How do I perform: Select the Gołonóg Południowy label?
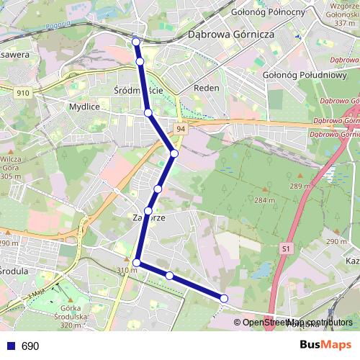click(x=305, y=74)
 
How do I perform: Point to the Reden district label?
click(x=207, y=88)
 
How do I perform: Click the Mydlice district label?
click(x=84, y=106)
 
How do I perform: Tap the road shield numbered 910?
click(x=23, y=93)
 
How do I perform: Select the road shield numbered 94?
click(x=179, y=128)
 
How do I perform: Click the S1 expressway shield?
click(x=287, y=249)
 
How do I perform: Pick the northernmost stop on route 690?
click(x=136, y=42)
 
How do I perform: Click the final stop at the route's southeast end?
click(x=224, y=298)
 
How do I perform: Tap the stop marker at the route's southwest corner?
click(x=137, y=263)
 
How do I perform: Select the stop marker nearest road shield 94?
click(x=174, y=153)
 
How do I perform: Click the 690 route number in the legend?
click(x=30, y=346)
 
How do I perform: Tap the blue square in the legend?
click(x=10, y=346)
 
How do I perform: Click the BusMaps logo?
click(x=326, y=345)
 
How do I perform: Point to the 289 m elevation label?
click(x=300, y=186)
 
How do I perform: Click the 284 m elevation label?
click(x=264, y=199)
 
